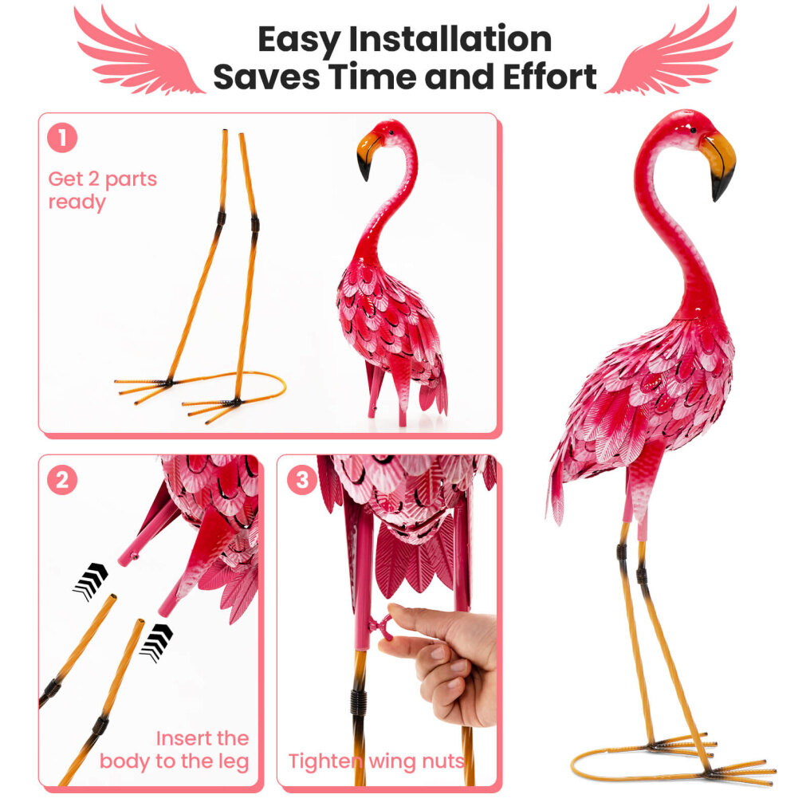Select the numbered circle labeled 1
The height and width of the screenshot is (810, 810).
tap(62, 138)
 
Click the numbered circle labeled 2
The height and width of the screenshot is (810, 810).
tap(62, 481)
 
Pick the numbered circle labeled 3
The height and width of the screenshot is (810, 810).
tap(301, 481)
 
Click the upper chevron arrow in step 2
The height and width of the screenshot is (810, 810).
tap(91, 580)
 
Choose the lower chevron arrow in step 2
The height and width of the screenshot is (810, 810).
tap(156, 643)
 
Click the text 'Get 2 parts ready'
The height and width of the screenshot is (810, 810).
tap(102, 190)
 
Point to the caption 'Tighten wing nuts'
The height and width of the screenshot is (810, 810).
tap(376, 761)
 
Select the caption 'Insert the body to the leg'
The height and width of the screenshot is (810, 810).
tap(175, 749)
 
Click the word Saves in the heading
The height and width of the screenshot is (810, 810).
tap(266, 77)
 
